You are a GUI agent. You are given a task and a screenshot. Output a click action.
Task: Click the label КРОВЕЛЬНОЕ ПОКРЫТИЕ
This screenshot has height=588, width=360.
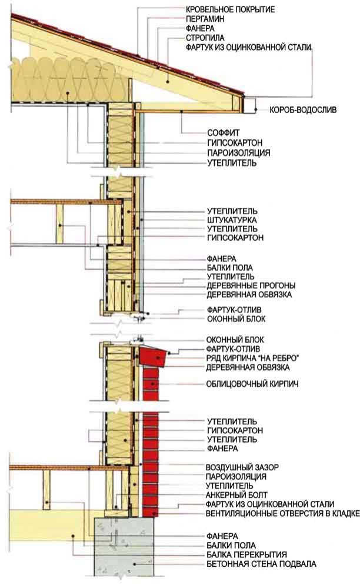click(x=230, y=9)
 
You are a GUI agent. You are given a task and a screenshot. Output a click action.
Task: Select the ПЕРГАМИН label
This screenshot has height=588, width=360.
click(x=205, y=19)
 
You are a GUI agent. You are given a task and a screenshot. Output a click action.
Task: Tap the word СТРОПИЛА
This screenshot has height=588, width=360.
click(x=205, y=38)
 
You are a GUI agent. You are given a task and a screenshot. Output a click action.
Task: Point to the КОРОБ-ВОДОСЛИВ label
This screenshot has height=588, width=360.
click(x=303, y=110)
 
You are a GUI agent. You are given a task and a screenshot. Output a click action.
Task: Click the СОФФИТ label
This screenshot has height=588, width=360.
click(x=224, y=133)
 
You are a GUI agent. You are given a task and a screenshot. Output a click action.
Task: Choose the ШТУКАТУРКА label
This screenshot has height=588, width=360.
click(x=232, y=220)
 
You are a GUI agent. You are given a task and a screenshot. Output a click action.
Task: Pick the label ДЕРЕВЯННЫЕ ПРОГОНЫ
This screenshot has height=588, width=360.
click(x=251, y=285)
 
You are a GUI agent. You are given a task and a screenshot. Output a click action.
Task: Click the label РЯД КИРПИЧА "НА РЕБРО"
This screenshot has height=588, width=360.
click(x=252, y=358)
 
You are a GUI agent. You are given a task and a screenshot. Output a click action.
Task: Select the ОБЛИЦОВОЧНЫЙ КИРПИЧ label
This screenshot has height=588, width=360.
click(x=252, y=384)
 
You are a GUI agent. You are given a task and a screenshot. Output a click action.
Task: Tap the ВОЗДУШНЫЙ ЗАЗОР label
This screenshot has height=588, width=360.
click(x=242, y=467)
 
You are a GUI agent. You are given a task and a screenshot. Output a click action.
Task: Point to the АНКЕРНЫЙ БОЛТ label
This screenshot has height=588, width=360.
click(x=236, y=495)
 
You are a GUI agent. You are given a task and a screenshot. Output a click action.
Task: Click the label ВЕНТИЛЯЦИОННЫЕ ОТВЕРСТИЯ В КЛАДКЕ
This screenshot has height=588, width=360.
click(x=282, y=513)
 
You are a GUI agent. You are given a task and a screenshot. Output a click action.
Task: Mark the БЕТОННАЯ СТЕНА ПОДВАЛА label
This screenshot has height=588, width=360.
click(x=261, y=564)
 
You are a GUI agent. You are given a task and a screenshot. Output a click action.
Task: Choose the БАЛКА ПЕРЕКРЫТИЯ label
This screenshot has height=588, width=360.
click(x=246, y=554)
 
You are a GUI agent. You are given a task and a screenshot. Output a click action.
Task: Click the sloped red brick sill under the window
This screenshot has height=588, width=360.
click(x=154, y=356)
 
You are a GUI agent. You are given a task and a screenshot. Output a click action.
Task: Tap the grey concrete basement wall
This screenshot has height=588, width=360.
click(x=124, y=547)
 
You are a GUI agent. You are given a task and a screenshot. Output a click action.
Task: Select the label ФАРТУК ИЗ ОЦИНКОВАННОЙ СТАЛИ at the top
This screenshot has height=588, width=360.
click(x=249, y=47)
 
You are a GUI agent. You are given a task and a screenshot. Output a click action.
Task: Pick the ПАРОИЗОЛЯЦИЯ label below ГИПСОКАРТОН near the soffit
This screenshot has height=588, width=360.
click(x=239, y=153)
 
